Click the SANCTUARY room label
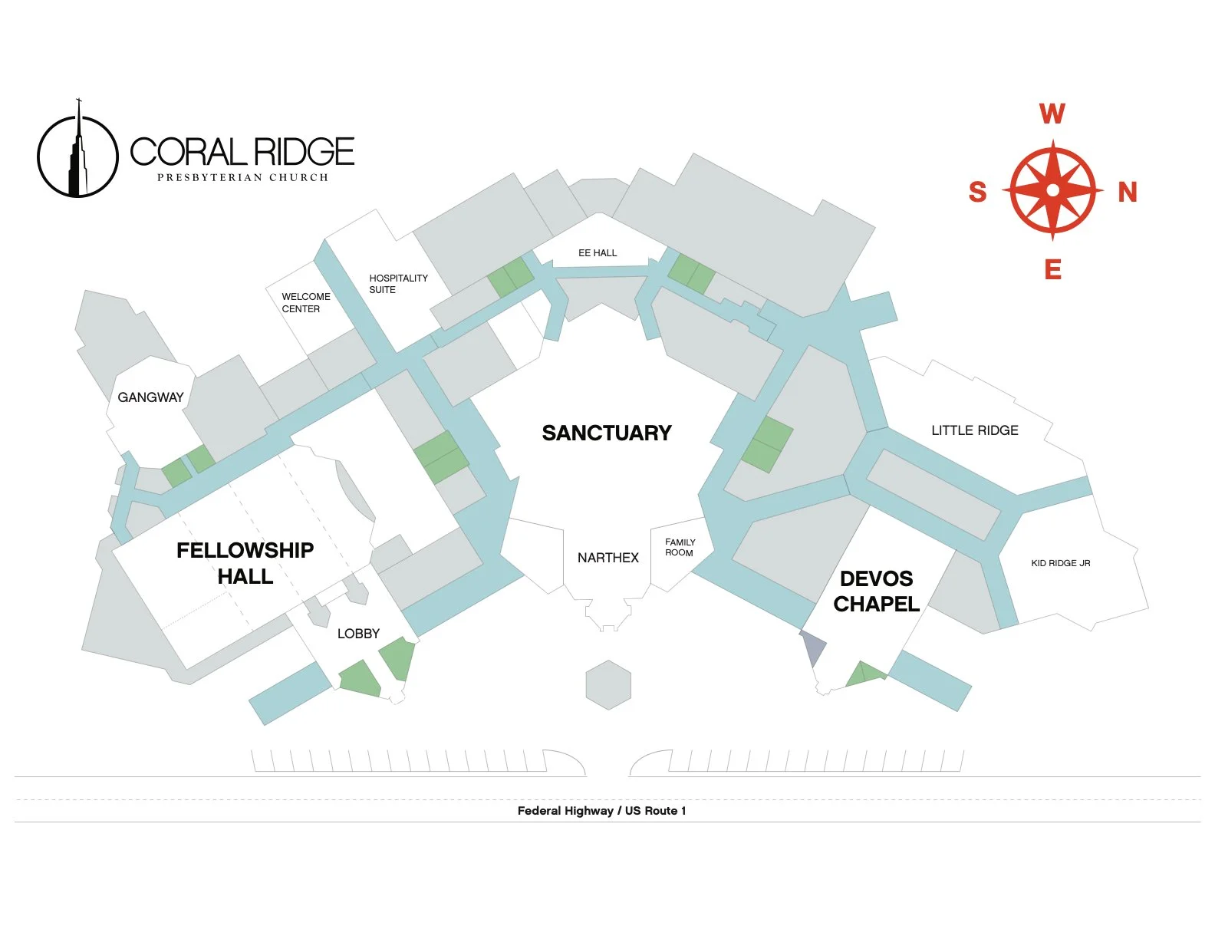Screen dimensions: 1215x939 point(607,433)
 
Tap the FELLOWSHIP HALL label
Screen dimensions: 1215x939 point(245,563)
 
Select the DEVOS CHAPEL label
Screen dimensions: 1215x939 point(876,591)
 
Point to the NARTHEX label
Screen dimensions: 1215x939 point(607,558)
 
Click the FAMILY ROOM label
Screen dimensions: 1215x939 point(680,547)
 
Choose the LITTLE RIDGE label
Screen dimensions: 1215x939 point(974,430)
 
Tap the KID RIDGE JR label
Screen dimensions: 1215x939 point(1060,563)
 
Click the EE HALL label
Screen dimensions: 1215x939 point(598,252)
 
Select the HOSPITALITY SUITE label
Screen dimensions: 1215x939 point(398,284)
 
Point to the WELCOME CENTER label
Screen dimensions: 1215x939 point(305,302)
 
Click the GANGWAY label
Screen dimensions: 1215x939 point(150,397)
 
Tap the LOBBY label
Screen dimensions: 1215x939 point(358,634)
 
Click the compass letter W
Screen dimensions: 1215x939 point(1052,114)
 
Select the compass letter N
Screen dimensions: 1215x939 point(1127,192)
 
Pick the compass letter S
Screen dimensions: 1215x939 point(977,192)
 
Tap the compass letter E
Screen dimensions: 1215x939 point(1052,270)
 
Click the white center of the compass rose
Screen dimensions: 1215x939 point(1052,189)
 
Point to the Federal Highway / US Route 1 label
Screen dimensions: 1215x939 point(601,811)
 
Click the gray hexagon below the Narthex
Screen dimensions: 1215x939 point(608,685)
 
